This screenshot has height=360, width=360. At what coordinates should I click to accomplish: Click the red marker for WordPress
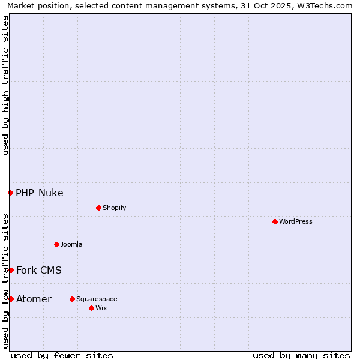(x=275, y=221)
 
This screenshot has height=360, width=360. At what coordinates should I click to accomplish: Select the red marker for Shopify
(x=98, y=208)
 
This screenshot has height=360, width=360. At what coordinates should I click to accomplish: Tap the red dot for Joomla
(x=56, y=244)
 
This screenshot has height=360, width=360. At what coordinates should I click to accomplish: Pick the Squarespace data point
(x=72, y=299)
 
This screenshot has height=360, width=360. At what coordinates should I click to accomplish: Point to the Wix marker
(x=91, y=308)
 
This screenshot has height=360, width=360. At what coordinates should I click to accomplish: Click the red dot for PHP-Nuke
(x=10, y=193)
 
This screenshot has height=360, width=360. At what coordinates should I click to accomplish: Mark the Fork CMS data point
(x=11, y=270)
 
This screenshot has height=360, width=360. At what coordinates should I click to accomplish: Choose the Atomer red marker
(x=11, y=299)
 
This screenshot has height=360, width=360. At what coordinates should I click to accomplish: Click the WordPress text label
(x=296, y=221)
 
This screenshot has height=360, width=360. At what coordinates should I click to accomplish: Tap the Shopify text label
(x=114, y=208)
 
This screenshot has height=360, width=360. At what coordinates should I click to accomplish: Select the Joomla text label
(x=71, y=244)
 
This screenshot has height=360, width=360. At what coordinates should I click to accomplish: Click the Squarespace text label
(x=97, y=299)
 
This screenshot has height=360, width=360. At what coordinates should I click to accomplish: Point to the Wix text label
(x=101, y=308)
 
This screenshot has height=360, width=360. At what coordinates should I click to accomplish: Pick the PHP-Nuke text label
(x=40, y=193)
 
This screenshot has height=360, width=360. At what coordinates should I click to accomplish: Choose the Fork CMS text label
(x=39, y=270)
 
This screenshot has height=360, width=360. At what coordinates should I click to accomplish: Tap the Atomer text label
(x=34, y=299)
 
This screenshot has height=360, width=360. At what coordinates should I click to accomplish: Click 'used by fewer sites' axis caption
(x=62, y=355)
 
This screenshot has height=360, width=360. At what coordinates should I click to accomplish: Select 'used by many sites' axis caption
(x=301, y=355)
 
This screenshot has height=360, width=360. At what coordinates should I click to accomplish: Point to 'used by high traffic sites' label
(x=5, y=85)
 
